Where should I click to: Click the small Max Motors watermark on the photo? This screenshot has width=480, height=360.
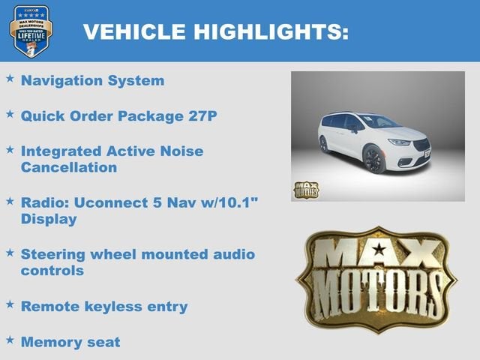coord(305,189)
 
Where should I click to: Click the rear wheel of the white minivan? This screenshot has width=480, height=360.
coord(324,144)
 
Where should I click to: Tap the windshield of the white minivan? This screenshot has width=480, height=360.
coord(378,122)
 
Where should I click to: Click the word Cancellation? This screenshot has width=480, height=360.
coord(69,167)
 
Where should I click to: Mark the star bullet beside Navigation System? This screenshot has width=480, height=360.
coord(10,77)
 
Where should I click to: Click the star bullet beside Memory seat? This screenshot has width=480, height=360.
coord(10,340)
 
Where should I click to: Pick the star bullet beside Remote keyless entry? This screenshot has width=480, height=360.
coord(10,304)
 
